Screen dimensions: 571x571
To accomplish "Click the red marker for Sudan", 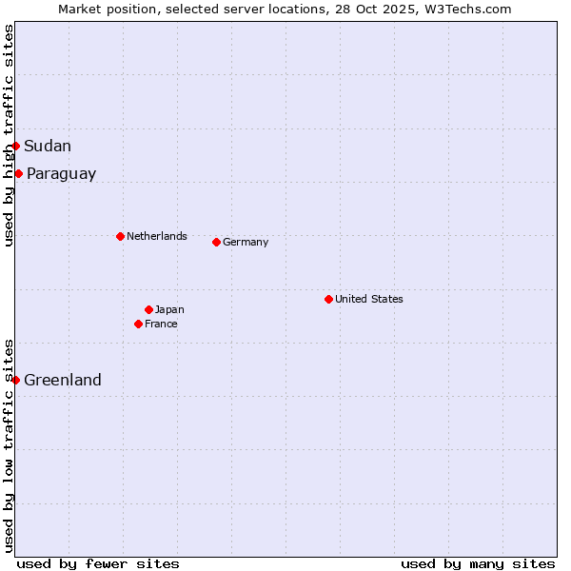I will [x=15, y=146].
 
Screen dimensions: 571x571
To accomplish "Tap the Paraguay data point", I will [x=18, y=173].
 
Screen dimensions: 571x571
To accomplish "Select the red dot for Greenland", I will [x=15, y=380].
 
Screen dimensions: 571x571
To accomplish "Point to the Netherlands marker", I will [x=120, y=236].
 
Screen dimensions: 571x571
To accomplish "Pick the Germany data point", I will [x=216, y=242].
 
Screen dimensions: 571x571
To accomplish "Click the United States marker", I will [x=328, y=299].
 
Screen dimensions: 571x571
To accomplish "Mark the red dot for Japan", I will [x=148, y=309].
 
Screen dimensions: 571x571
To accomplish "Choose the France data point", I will [x=138, y=324].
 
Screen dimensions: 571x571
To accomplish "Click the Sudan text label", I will [x=48, y=146].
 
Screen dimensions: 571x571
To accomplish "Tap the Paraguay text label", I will [x=61, y=174].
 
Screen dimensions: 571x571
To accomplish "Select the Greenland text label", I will [x=63, y=380].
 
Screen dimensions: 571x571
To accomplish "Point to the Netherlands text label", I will [x=157, y=236].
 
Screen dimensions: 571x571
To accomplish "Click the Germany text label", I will [x=246, y=242].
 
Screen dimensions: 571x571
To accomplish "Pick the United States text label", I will [x=369, y=299].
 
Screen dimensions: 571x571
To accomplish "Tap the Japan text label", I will [x=169, y=309].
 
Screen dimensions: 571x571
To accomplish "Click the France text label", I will [x=161, y=324].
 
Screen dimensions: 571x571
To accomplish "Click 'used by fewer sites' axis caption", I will [x=98, y=563].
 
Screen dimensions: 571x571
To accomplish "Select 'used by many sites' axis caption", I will [x=478, y=563].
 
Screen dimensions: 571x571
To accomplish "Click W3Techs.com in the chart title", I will [x=464, y=9].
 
